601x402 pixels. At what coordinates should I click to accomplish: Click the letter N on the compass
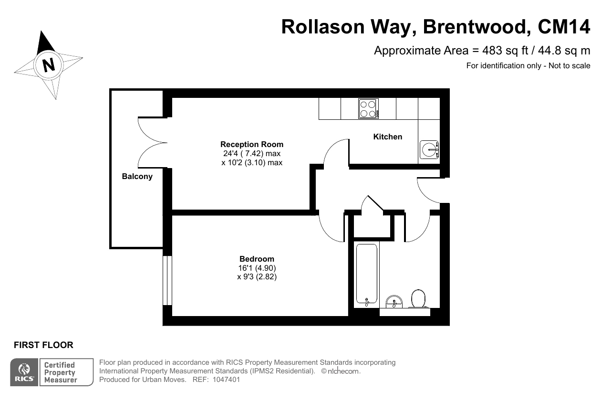point(49,65)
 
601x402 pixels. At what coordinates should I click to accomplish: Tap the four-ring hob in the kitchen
point(368,109)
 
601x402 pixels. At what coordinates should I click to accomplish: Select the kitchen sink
point(429,149)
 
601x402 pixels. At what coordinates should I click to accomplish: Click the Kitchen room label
point(388,137)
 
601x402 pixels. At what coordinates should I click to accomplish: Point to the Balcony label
point(137,177)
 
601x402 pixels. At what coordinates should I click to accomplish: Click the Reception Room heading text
point(252,145)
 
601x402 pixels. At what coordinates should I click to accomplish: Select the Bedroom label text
point(257,259)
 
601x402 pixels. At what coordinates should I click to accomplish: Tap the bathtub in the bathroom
point(367,275)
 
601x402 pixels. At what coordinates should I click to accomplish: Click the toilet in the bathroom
point(418,298)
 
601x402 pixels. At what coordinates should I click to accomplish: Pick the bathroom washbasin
point(394,302)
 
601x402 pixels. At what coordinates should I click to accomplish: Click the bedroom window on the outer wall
point(167,280)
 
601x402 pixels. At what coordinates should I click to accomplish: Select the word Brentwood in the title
point(477,27)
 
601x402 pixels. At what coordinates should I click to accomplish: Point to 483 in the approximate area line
point(492,51)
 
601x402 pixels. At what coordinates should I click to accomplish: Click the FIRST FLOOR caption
point(43,345)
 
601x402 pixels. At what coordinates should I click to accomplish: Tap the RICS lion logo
point(24,372)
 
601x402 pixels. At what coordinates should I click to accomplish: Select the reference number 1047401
point(226,380)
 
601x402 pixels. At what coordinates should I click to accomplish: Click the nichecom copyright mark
point(341,371)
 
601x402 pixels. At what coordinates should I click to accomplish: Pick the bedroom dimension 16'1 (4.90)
point(257,268)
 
